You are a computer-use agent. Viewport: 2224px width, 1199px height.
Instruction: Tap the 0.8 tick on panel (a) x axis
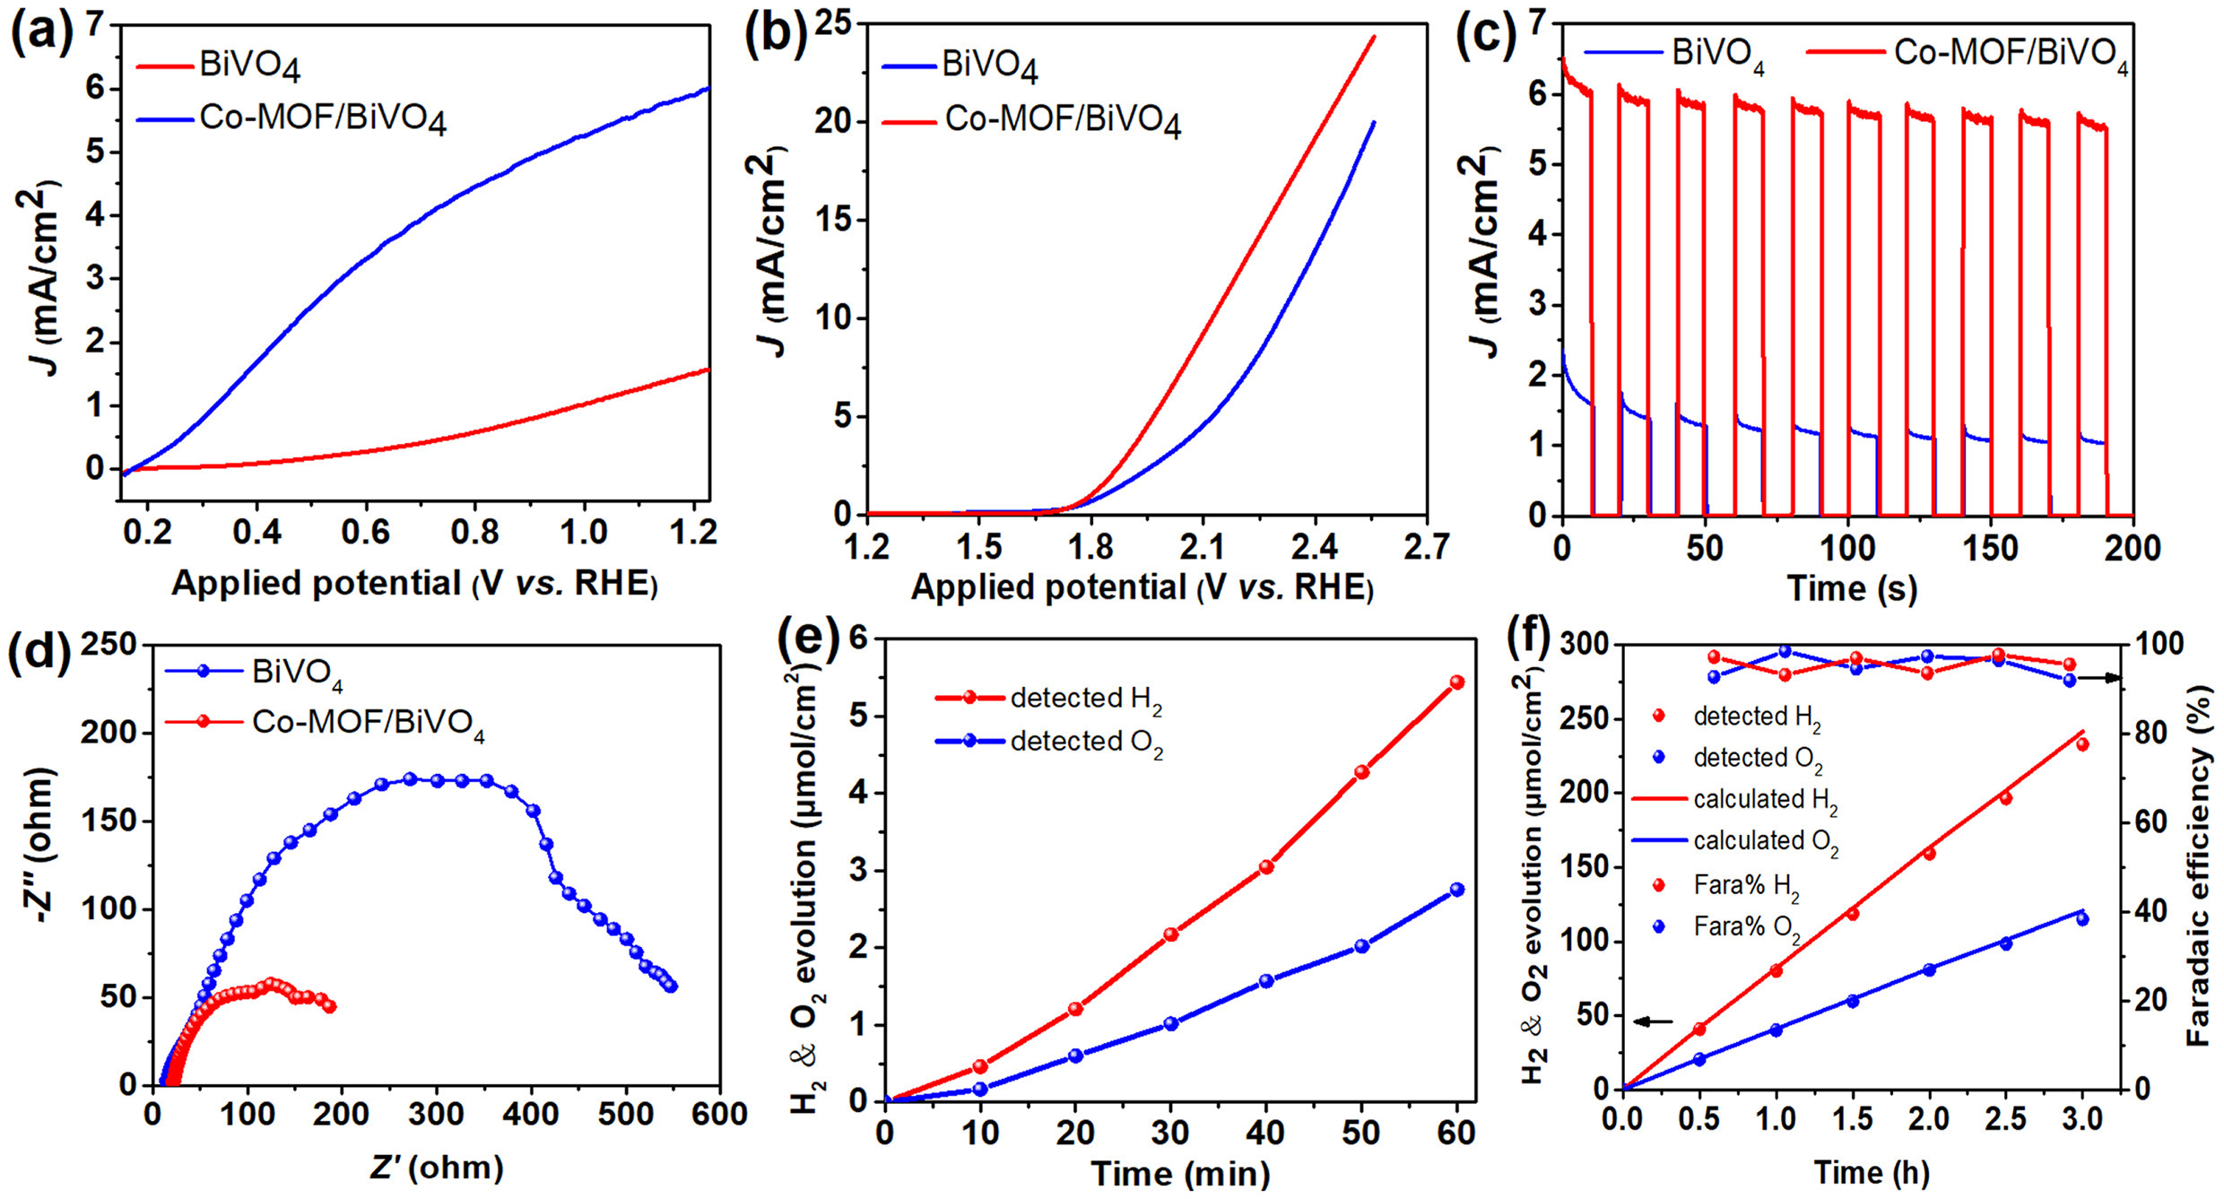coord(474,533)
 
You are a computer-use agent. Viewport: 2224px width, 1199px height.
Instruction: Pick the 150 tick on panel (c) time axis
coord(1990,548)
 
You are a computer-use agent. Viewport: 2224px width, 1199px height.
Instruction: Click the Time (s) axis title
coord(1851,588)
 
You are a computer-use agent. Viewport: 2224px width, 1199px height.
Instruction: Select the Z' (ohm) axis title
coord(437,1167)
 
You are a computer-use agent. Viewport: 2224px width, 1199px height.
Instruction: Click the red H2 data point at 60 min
coord(1456,682)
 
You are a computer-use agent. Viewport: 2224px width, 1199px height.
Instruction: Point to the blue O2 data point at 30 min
coord(1170,1023)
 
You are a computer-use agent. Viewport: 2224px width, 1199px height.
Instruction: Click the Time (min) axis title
coord(1180,1173)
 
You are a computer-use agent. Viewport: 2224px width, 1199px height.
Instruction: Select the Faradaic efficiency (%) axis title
coord(2199,865)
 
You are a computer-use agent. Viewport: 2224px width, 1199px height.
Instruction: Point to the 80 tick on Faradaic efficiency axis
coord(2156,734)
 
